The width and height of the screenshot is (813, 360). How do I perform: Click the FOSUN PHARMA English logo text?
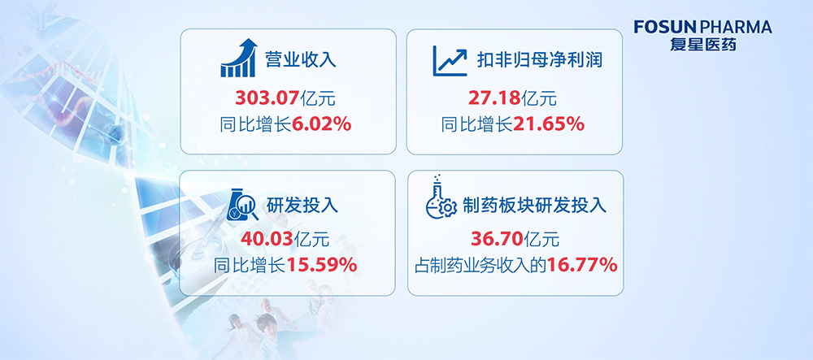click(x=702, y=28)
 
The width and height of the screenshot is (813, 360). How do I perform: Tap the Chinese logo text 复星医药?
click(x=703, y=45)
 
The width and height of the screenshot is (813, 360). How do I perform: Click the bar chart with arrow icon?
click(x=238, y=58)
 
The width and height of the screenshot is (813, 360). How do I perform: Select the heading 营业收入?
click(x=301, y=59)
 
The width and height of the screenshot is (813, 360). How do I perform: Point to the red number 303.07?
click(x=267, y=98)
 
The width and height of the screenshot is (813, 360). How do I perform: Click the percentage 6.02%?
click(x=321, y=124)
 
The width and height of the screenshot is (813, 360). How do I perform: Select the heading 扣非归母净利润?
click(x=540, y=60)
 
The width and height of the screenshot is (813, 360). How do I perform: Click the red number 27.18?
click(x=494, y=98)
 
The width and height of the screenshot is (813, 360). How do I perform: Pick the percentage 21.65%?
click(x=549, y=124)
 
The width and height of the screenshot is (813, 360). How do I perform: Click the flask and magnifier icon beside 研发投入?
click(x=242, y=205)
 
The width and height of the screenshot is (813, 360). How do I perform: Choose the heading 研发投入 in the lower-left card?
click(x=302, y=206)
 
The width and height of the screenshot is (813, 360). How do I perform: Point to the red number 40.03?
click(x=267, y=239)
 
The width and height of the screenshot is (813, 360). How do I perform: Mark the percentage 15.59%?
click(x=321, y=266)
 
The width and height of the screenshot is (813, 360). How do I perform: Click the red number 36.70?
click(x=498, y=239)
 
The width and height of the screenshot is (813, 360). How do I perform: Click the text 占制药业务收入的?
click(x=480, y=267)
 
